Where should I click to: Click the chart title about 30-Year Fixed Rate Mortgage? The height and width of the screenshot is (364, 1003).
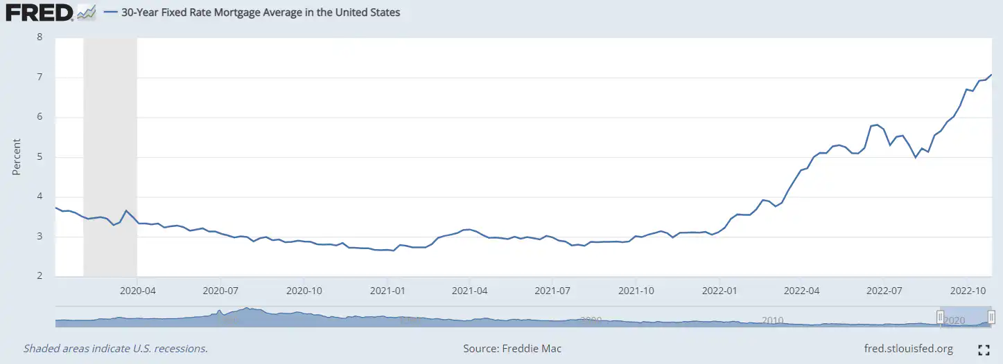[260, 12]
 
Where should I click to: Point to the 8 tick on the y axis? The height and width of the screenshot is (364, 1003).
[40, 37]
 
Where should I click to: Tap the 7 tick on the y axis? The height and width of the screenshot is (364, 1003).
[40, 78]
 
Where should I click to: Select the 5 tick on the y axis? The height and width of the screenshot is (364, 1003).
[40, 157]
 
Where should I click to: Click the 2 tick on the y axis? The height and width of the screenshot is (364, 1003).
[40, 277]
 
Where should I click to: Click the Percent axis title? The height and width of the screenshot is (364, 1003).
[17, 157]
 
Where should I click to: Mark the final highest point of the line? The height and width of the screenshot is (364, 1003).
[992, 75]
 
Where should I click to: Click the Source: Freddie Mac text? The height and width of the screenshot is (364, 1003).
[512, 349]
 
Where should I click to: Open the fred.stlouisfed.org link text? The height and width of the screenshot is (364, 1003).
[909, 349]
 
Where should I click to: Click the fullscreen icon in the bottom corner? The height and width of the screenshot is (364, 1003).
[983, 349]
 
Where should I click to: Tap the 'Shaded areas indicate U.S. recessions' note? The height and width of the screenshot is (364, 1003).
[116, 349]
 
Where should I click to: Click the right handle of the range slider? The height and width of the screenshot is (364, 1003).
[991, 318]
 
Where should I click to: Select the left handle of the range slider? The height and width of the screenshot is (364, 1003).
[941, 318]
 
